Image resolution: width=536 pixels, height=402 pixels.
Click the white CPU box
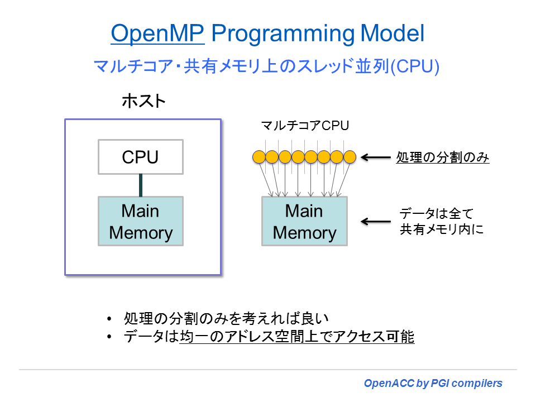[140, 157]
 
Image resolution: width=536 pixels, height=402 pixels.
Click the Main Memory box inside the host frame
[140, 222]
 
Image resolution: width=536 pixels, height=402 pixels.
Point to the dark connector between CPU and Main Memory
[141, 185]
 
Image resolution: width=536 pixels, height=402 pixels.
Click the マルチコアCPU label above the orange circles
[305, 126]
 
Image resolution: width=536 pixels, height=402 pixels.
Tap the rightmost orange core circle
[350, 157]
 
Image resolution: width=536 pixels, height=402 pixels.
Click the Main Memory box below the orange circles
[304, 222]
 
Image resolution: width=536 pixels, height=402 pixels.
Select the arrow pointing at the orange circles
[376, 157]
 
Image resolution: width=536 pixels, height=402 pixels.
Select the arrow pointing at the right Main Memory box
[376, 222]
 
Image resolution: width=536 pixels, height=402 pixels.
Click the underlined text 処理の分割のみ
[443, 157]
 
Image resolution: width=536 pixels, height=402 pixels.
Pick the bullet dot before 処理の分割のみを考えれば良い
[109, 319]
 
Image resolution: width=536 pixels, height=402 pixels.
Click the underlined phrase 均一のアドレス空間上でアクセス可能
[297, 337]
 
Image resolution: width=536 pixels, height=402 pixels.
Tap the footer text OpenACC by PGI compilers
[433, 384]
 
